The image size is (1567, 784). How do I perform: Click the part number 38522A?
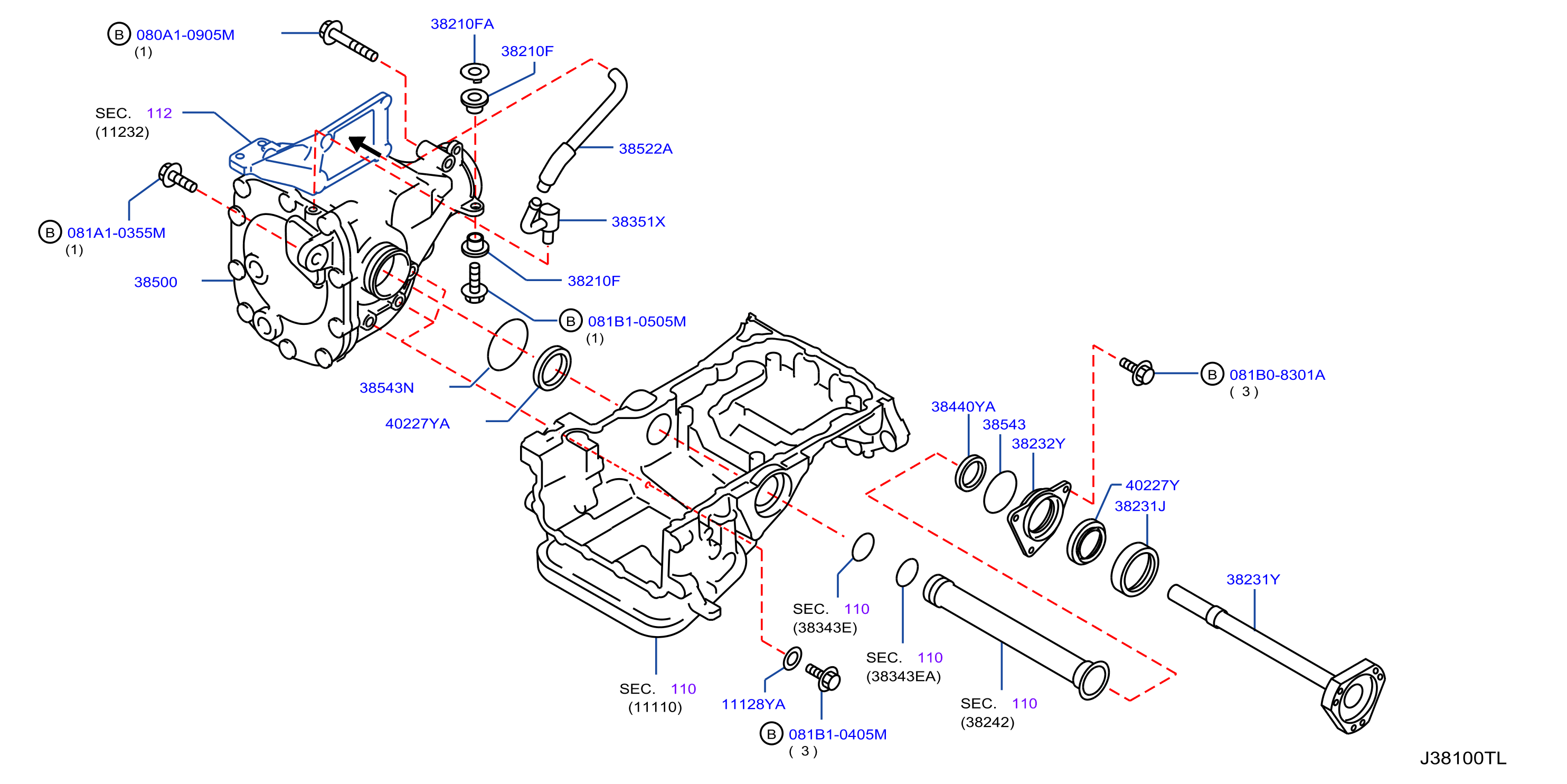tap(645, 148)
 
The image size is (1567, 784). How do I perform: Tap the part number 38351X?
tap(638, 221)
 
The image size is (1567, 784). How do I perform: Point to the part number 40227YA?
tap(417, 424)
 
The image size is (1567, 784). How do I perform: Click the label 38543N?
tap(386, 388)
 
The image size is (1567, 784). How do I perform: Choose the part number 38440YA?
tap(963, 407)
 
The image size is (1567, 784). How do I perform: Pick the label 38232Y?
tap(1039, 444)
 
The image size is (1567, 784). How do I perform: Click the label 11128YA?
tap(753, 704)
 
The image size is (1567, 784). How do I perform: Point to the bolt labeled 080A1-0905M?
tap(348, 40)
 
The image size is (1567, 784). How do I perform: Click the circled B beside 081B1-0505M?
tap(571, 321)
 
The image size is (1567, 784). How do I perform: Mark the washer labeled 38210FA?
tap(475, 72)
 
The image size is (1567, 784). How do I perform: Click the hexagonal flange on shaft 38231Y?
tap(1353, 697)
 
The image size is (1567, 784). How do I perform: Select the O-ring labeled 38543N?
tap(507, 344)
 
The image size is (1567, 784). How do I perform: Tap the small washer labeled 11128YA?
tap(792, 659)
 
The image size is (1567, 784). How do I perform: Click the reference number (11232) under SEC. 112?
tap(122, 132)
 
